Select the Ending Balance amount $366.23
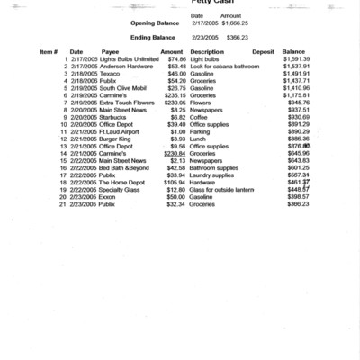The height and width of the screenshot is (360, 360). pyautogui.click(x=237, y=38)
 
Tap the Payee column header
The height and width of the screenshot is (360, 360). pyautogui.click(x=111, y=51)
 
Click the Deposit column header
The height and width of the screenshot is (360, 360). pyautogui.click(x=263, y=51)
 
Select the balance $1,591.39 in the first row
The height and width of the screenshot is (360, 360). pyautogui.click(x=295, y=58)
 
